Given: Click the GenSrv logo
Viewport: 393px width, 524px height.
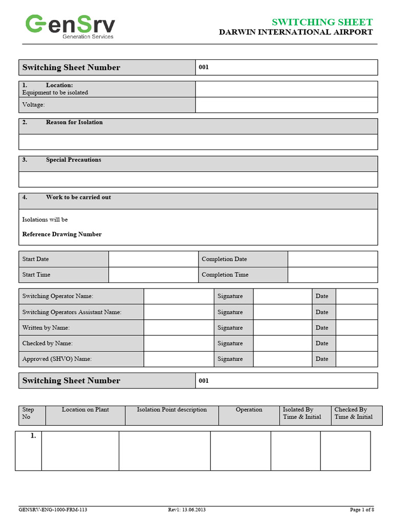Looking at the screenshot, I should click(x=71, y=26).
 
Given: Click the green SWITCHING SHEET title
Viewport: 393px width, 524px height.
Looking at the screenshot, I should click(x=322, y=22).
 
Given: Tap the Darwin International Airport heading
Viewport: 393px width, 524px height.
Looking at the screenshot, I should click(x=296, y=32).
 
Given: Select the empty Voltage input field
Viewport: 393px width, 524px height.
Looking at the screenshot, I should click(x=286, y=105).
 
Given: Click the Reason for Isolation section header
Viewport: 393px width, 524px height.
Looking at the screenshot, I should click(x=74, y=122).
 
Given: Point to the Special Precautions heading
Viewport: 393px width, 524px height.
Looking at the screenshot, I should click(x=73, y=160).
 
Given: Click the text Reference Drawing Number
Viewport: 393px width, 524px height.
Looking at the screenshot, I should click(x=62, y=234).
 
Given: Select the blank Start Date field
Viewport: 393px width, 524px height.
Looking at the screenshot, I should click(x=153, y=259).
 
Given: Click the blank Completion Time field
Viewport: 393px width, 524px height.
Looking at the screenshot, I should click(x=332, y=275).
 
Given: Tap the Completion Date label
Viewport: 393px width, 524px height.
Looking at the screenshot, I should click(x=224, y=259).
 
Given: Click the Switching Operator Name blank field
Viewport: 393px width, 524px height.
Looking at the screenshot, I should click(x=178, y=296).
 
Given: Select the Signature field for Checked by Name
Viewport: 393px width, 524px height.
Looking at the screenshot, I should click(x=282, y=343).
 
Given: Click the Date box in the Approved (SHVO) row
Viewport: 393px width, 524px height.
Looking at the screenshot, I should click(x=356, y=359).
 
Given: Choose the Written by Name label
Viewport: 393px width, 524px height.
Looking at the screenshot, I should click(x=46, y=327).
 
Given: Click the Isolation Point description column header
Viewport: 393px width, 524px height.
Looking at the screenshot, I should click(x=171, y=410).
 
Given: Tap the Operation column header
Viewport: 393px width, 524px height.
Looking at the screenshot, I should click(x=249, y=410).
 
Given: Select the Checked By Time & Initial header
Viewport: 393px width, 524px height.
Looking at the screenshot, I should click(x=353, y=413).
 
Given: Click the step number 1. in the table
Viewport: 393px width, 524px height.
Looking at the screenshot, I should click(x=33, y=436).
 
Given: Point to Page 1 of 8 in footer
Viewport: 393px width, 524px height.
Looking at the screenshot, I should click(x=362, y=510).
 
